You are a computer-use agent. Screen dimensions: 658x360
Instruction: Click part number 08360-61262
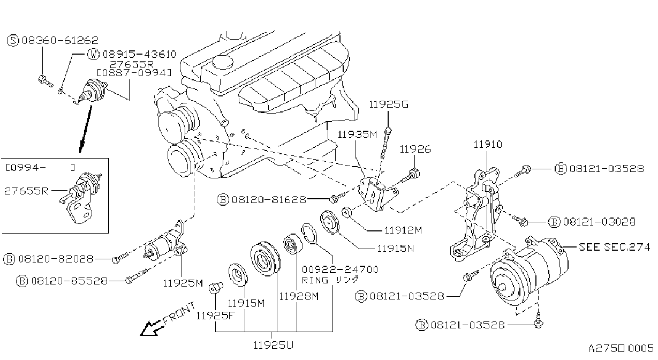60,40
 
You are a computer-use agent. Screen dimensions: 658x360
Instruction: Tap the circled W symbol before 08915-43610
93,54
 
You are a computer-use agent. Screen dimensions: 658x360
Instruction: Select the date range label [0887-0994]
134,73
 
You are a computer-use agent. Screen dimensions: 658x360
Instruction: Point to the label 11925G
388,104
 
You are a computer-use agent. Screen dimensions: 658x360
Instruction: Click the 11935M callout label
357,135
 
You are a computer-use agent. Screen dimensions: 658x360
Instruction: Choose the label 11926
415,149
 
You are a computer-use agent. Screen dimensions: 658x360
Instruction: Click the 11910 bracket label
488,144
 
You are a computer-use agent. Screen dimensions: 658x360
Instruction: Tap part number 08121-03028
599,222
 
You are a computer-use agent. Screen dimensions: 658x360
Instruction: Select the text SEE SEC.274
615,247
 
